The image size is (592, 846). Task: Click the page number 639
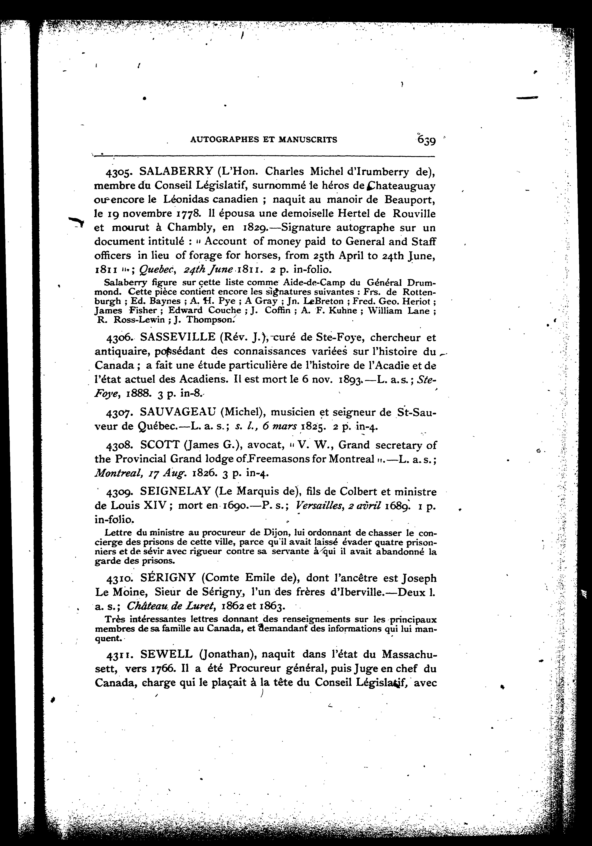(x=426, y=140)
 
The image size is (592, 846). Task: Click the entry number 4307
(x=116, y=413)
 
